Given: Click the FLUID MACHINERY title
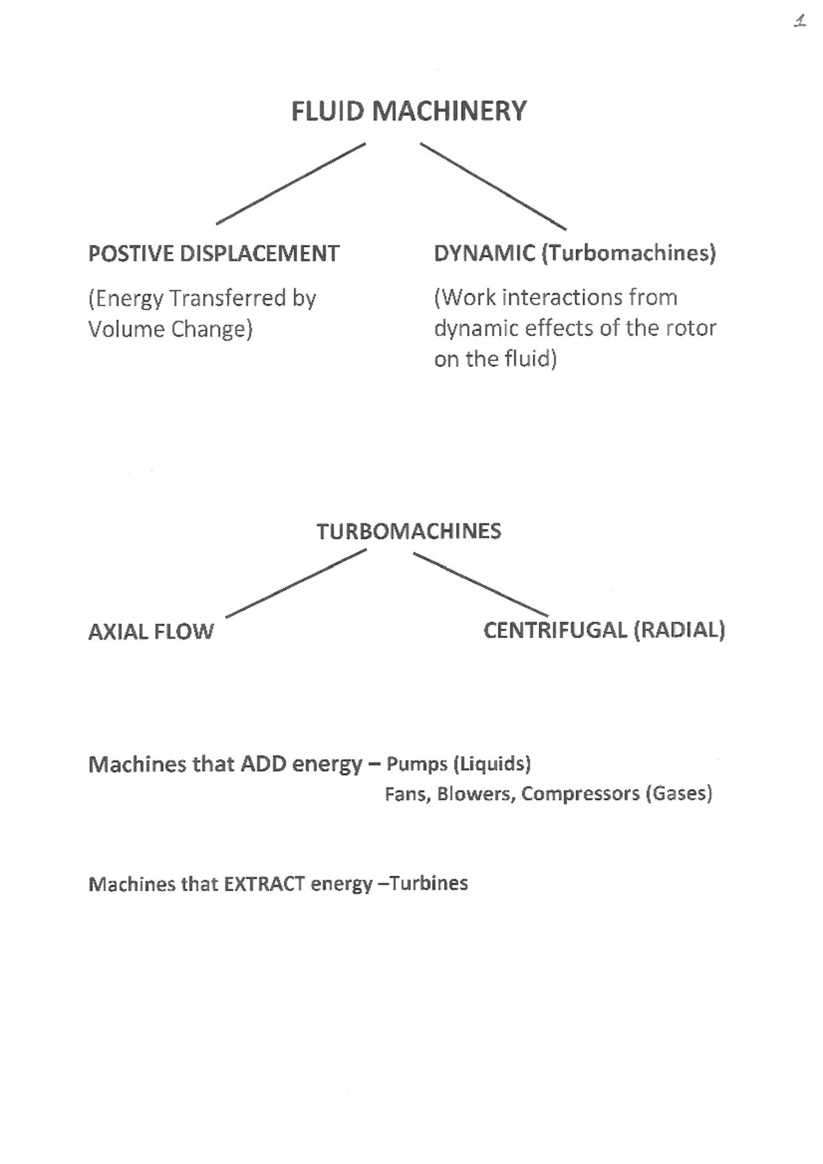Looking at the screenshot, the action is (x=409, y=111).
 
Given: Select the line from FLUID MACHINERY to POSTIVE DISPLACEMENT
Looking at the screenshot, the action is (x=291, y=183).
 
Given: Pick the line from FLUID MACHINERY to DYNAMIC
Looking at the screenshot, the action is (x=493, y=186).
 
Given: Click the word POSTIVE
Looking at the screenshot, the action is (x=131, y=254).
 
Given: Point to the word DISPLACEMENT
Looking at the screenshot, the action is (x=259, y=254).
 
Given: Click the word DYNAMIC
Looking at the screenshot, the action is (x=484, y=253).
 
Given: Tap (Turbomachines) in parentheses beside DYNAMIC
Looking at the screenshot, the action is (x=629, y=253).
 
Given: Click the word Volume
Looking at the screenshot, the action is (x=126, y=329).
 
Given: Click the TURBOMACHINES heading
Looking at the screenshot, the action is (x=409, y=531).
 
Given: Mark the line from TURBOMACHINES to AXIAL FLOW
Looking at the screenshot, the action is (x=296, y=584).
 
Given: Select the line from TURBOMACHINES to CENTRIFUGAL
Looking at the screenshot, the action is (x=481, y=584).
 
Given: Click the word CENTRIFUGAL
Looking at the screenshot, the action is (x=556, y=630).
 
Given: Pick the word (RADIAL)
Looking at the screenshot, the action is (x=679, y=630).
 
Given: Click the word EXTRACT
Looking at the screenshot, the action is (x=265, y=884).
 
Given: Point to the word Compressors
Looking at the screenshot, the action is (x=580, y=794).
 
